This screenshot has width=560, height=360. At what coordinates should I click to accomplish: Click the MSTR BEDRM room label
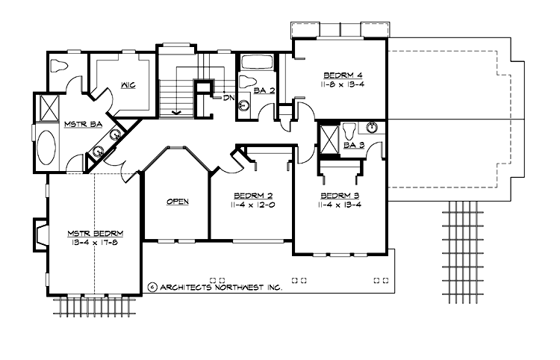click(93, 232)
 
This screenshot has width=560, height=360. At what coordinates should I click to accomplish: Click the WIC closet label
click(128, 87)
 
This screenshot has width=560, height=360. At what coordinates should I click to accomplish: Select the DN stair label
click(228, 97)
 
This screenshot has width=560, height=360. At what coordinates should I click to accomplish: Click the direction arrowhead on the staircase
click(176, 113)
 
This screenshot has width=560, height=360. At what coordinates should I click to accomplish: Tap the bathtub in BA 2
click(257, 62)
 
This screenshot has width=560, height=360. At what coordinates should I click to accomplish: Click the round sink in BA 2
click(243, 106)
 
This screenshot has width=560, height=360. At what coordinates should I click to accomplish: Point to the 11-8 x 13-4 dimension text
click(340, 84)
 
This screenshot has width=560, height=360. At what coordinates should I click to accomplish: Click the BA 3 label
click(355, 145)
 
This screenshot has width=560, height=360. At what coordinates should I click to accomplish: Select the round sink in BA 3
click(372, 128)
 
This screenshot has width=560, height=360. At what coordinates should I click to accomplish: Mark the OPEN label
click(177, 202)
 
